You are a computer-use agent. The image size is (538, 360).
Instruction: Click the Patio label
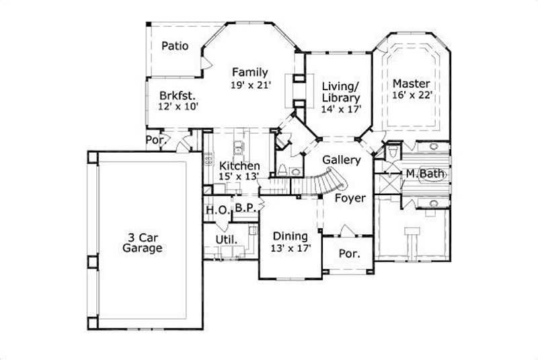click(x=174, y=46)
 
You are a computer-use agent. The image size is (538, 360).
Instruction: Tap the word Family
click(x=250, y=73)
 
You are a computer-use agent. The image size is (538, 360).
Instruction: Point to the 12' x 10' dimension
click(x=178, y=106)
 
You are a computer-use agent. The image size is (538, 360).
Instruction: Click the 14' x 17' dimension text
click(x=342, y=108)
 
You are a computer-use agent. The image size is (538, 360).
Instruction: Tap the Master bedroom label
click(x=411, y=83)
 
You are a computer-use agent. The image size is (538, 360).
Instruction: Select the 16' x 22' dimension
click(x=411, y=96)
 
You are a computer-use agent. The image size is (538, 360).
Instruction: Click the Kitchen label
click(x=239, y=166)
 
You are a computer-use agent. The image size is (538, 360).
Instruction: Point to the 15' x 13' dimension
click(x=239, y=177)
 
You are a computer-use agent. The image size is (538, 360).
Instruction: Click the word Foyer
click(x=350, y=198)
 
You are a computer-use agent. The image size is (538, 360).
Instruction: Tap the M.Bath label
click(x=424, y=174)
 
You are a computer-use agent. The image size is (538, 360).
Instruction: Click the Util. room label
click(x=224, y=240)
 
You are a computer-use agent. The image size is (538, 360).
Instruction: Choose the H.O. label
click(x=217, y=209)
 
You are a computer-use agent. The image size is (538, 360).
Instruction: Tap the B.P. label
click(x=245, y=209)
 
